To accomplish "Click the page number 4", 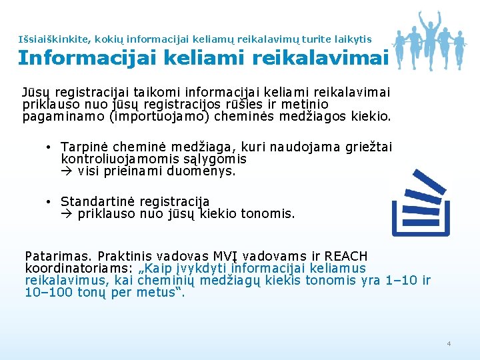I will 449,343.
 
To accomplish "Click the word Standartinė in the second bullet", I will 95,201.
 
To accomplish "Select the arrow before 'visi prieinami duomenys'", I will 67,171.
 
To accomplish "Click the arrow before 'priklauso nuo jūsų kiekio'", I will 67,214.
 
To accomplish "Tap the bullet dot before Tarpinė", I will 49,147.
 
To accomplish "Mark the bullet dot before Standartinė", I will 49,202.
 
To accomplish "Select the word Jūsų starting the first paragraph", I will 37,92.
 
